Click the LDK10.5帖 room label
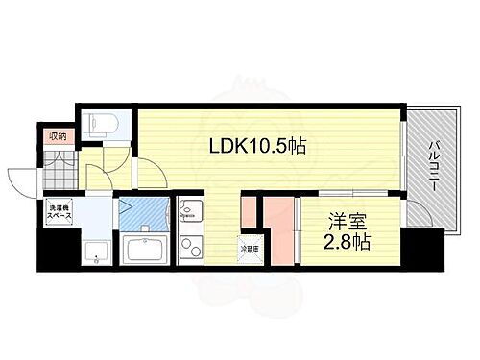point(252,148)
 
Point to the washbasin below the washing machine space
point(96,252)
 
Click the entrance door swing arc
point(24,180)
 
